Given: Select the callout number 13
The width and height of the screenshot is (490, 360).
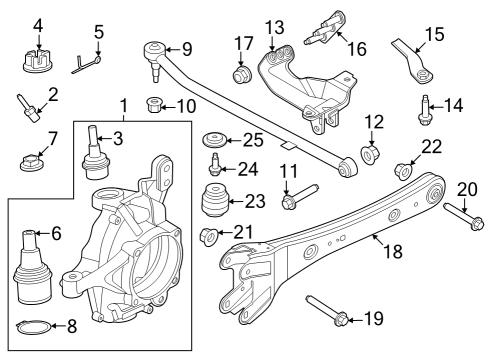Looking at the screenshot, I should pyautogui.click(x=273, y=26).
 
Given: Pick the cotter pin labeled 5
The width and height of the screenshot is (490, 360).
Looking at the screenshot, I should pyautogui.click(x=88, y=64).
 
